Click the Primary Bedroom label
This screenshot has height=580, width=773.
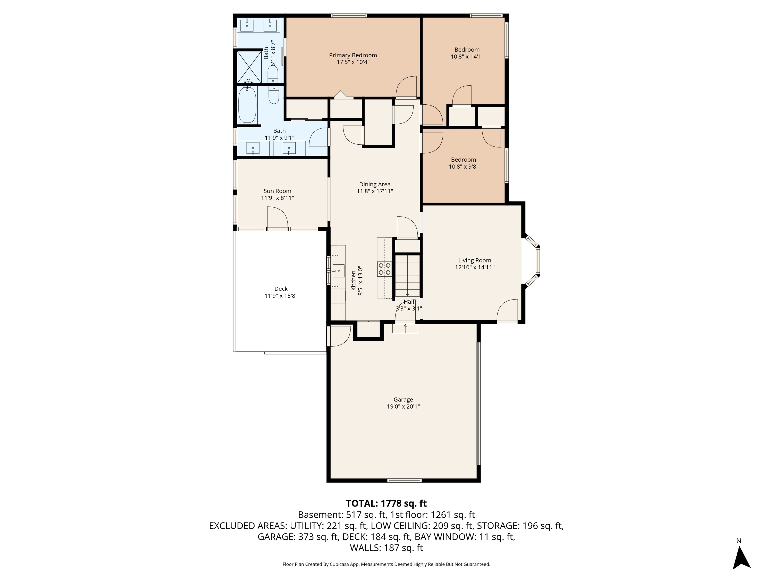[353, 55]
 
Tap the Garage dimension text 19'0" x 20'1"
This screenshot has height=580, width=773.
[403, 407]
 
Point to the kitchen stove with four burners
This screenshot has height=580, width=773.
[384, 269]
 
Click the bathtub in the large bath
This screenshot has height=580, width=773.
[247, 105]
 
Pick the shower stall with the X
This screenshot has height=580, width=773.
[249, 67]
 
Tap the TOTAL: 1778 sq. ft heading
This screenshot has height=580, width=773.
[386, 503]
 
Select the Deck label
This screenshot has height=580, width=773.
[281, 289]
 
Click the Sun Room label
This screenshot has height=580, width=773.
[277, 191]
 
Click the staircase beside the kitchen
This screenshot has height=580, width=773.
[407, 276]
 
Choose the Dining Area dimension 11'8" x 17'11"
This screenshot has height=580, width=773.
[375, 191]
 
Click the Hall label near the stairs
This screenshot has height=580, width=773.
[409, 302]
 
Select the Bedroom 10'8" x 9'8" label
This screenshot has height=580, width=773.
[463, 160]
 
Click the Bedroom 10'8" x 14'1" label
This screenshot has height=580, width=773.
[467, 50]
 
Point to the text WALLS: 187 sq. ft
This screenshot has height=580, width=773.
[386, 548]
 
